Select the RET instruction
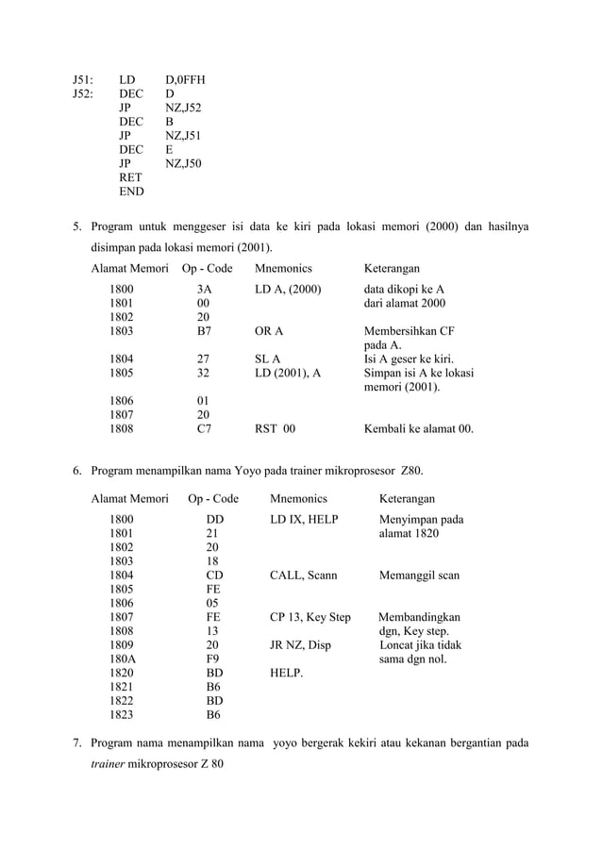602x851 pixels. coord(130,177)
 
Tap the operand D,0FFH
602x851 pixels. coord(184,81)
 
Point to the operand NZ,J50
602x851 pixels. coord(183,163)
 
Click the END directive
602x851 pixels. coord(131,192)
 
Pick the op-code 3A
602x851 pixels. coord(203,289)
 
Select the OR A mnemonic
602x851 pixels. coord(269,331)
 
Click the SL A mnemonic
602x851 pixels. coord(268,359)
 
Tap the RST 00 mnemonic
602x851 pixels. coord(275,428)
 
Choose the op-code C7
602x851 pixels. coord(203,428)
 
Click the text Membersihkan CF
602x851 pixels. coord(409,331)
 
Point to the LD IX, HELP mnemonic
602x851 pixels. coord(303,519)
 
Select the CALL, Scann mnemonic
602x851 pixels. coord(303,575)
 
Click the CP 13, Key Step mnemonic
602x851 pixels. coord(309,617)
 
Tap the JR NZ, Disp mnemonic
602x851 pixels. coord(300,645)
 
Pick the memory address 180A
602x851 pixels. coord(121,659)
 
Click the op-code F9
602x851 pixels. coord(213,659)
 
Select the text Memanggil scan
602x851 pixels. coord(419,575)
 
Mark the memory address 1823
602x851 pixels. coord(121,715)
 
